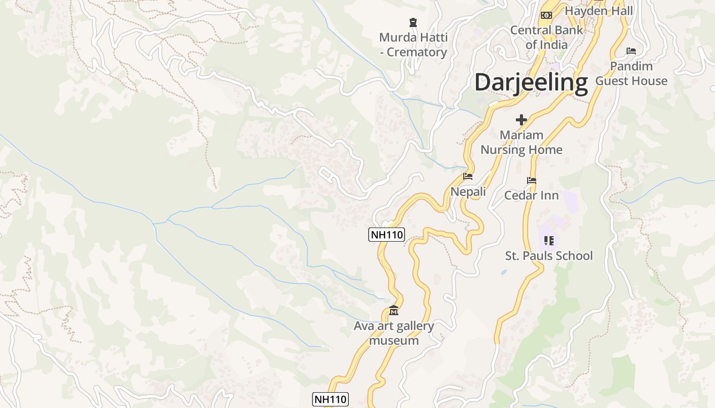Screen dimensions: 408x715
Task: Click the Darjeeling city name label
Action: point(531,83)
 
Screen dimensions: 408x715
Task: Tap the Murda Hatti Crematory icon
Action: point(413,22)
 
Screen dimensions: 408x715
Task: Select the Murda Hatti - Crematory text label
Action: point(413,45)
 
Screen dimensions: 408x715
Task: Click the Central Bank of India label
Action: point(546,37)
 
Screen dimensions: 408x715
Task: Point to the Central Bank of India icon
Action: point(546,15)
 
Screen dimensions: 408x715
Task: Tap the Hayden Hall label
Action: point(599,11)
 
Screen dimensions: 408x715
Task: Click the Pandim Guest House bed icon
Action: point(631,51)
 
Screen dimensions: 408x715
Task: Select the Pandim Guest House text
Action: point(631,73)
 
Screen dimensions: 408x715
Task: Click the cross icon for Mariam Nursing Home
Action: point(521,120)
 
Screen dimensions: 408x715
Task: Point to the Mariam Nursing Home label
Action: point(521,142)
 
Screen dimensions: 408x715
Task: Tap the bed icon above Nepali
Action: point(468,176)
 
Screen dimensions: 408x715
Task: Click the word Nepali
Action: point(468,192)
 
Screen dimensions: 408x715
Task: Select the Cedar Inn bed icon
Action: point(532,181)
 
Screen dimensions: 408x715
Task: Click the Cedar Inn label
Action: point(531,195)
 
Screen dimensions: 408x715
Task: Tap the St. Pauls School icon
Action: point(549,240)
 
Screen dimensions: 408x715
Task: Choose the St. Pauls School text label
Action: point(549,256)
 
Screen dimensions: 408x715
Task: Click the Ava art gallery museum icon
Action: point(394,310)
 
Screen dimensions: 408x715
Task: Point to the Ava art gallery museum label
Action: point(394,333)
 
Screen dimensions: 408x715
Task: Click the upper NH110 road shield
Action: point(387,235)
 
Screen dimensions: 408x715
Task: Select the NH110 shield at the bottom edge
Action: point(330,399)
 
